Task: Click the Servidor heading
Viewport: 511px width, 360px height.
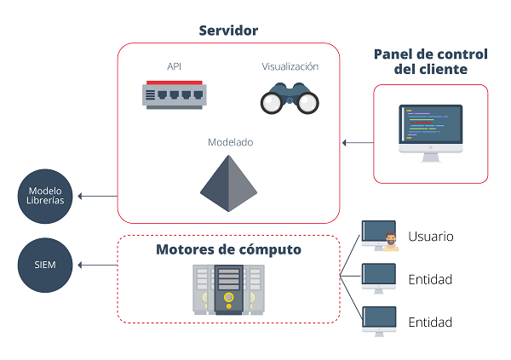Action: (x=228, y=31)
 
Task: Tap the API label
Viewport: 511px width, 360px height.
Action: (x=175, y=66)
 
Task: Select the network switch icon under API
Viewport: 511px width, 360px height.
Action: (x=175, y=94)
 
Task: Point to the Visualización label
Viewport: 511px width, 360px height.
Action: (x=290, y=66)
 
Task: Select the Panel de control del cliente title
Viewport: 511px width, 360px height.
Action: (x=431, y=61)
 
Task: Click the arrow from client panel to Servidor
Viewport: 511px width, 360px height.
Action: (x=357, y=142)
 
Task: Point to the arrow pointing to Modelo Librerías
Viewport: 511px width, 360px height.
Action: (x=97, y=197)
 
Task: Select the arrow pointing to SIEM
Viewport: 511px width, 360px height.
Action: (x=97, y=265)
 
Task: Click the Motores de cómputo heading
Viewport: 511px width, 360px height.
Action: (x=228, y=250)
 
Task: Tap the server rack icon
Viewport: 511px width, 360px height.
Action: (x=228, y=289)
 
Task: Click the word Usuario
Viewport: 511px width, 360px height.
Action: (x=430, y=237)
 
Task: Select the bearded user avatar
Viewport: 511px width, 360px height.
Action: (x=391, y=242)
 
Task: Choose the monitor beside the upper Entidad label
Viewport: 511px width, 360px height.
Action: (x=378, y=277)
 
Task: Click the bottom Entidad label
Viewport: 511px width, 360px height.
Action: (x=430, y=323)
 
